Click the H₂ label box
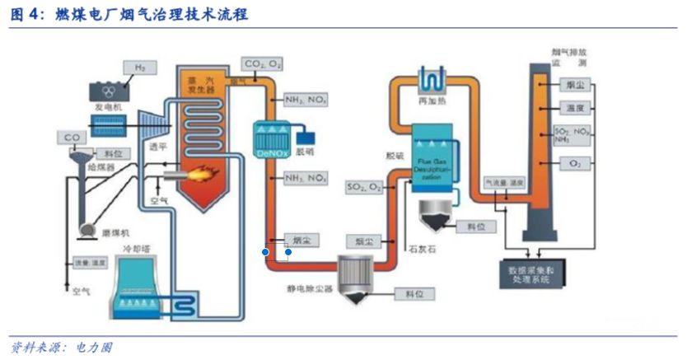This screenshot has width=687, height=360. [x=140, y=66]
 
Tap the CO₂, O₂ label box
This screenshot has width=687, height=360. [x=263, y=63]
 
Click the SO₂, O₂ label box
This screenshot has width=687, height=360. [x=365, y=189]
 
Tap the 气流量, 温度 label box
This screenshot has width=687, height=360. [x=503, y=181]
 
